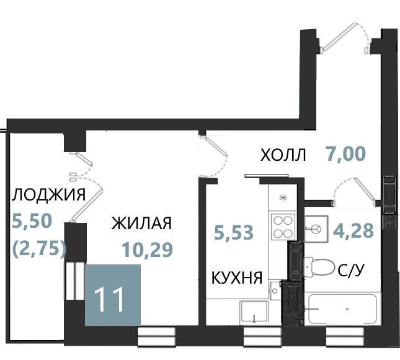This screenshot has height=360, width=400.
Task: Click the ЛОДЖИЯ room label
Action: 48,195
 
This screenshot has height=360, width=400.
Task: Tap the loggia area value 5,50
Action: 32,221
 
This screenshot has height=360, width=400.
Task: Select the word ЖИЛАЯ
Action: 141,223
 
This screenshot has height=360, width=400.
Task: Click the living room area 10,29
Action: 148,250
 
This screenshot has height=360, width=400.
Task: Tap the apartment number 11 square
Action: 113,295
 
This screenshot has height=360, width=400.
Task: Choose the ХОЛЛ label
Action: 283,155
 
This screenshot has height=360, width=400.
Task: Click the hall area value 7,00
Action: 345,154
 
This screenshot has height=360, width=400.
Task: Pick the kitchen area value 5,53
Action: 234,232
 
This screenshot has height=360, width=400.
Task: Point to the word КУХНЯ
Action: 237,278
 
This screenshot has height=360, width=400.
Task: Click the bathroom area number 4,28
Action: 353,230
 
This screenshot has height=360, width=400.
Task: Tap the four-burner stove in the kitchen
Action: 283,227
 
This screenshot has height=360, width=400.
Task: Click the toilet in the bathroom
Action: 319,267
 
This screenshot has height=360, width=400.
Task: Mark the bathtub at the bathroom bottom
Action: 342,309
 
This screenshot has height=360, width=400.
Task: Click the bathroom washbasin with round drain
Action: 316,229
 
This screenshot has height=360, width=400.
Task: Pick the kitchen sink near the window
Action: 254,313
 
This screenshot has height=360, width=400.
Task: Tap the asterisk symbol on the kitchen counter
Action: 283,198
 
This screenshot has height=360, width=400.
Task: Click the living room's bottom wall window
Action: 156,336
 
